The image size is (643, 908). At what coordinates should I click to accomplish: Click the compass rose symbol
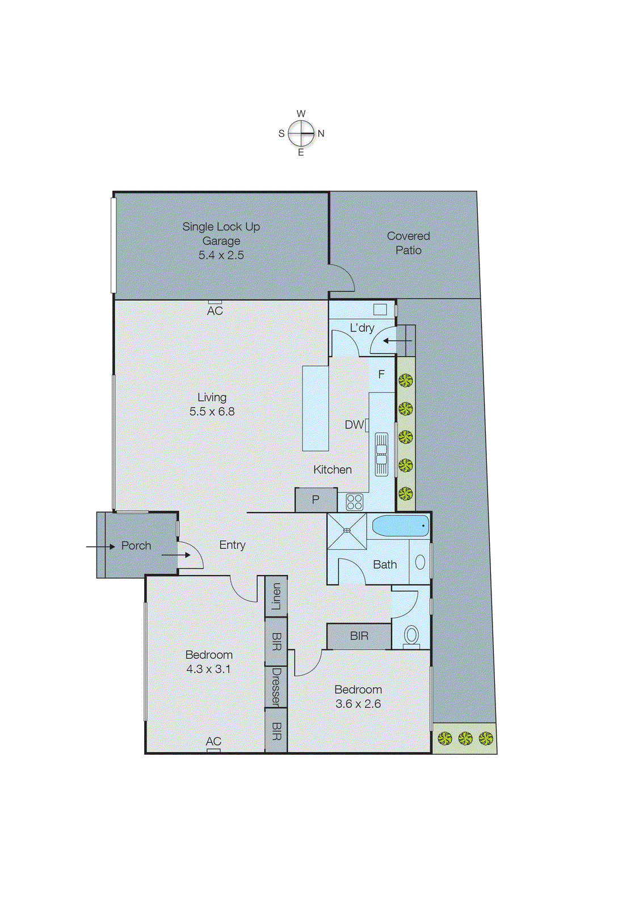[x=301, y=133]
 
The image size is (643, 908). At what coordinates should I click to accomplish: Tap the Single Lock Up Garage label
[x=221, y=241]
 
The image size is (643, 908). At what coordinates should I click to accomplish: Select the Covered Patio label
[x=408, y=243]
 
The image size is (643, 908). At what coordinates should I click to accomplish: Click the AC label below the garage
[x=215, y=311]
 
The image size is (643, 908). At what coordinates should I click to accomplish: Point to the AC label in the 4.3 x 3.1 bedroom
[x=213, y=741]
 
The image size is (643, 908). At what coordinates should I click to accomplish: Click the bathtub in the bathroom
[x=400, y=526]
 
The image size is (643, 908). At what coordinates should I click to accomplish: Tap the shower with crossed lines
[x=347, y=531]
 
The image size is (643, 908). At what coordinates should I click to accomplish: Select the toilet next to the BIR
[x=411, y=635]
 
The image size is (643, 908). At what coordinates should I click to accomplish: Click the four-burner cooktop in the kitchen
[x=354, y=502]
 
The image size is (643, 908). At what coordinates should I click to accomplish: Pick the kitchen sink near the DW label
[x=381, y=453]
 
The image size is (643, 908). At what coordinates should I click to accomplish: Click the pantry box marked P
[x=316, y=500]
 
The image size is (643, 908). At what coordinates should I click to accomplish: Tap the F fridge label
[x=381, y=375]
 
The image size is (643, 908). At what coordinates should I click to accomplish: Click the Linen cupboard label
[x=276, y=596]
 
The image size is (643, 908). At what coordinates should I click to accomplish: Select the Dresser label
[x=276, y=687]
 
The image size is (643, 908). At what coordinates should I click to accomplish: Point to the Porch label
[x=136, y=546]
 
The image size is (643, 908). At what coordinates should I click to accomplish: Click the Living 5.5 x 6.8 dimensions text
[x=212, y=411]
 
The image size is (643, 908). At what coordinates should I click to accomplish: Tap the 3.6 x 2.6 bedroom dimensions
[x=358, y=704]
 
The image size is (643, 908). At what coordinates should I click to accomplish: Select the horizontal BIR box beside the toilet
[x=359, y=636]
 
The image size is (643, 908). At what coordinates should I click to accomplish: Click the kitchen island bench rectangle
[x=316, y=408]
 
